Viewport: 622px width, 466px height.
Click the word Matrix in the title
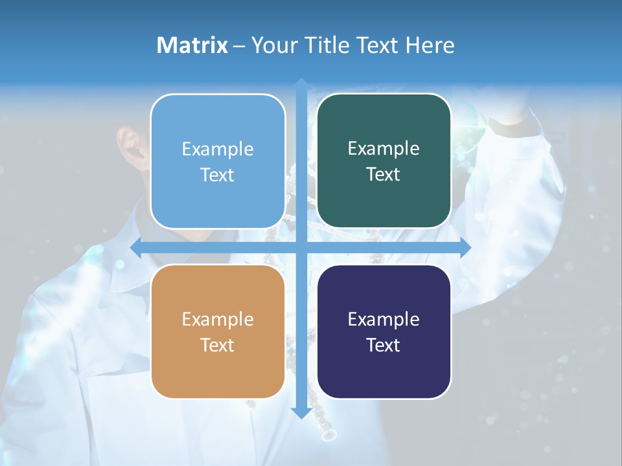(192, 45)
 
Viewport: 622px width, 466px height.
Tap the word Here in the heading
(430, 45)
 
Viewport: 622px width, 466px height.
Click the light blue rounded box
(218, 161)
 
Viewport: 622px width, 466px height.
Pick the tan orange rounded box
(218, 331)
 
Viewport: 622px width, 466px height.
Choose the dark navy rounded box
(384, 331)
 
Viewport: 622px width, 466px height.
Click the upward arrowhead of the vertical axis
(301, 84)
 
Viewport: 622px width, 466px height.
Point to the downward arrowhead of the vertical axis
(301, 412)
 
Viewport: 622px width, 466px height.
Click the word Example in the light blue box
(218, 149)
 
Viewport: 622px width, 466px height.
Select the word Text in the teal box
(384, 174)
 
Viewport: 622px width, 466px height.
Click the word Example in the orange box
(218, 319)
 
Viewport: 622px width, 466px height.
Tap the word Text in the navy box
(384, 345)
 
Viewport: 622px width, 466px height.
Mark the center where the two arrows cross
(301, 248)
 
